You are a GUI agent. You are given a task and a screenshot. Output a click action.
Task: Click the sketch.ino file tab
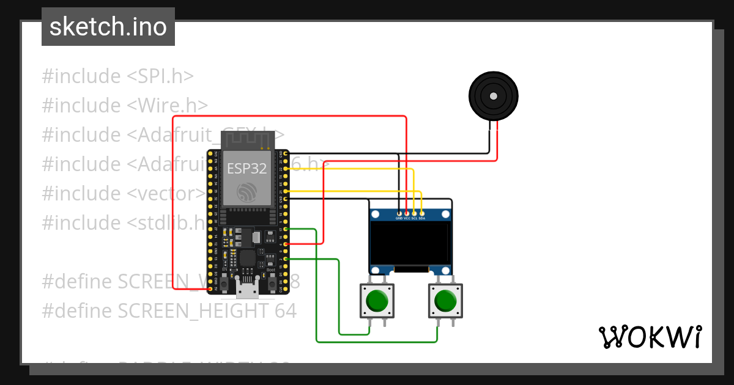tap(108, 27)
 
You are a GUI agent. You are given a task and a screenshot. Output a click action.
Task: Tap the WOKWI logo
tap(649, 337)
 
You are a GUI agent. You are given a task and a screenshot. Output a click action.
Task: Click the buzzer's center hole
tap(493, 96)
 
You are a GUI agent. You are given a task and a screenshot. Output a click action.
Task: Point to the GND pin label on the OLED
tap(399, 218)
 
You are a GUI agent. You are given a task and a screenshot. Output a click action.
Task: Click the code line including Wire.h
tap(125, 106)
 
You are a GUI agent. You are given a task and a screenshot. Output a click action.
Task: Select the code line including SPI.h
tap(117, 76)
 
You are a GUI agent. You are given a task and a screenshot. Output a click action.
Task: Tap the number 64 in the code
tap(284, 311)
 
